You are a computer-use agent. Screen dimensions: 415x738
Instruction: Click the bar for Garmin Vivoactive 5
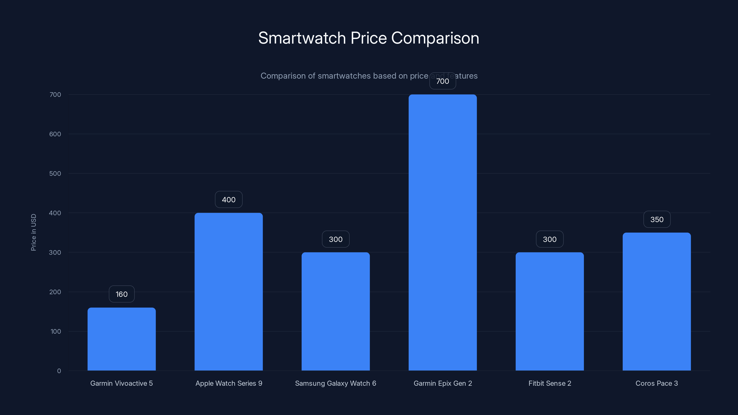click(x=122, y=339)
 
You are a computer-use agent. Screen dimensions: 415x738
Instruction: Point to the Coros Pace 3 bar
click(x=657, y=301)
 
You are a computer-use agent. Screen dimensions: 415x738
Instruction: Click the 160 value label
click(x=122, y=294)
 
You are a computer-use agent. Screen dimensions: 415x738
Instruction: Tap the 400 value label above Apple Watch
click(x=229, y=200)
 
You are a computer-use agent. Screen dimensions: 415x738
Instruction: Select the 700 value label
click(x=443, y=81)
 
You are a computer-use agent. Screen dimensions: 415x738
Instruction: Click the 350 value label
click(x=657, y=219)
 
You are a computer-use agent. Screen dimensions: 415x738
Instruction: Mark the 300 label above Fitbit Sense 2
click(x=550, y=239)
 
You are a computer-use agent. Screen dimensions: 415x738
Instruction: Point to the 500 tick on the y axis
click(x=55, y=174)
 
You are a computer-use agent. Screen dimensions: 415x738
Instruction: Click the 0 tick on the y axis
click(x=59, y=371)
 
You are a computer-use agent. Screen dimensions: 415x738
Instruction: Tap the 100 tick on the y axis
click(x=56, y=331)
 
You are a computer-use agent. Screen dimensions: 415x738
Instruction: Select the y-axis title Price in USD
click(x=33, y=232)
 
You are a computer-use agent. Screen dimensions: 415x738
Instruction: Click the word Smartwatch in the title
click(x=302, y=38)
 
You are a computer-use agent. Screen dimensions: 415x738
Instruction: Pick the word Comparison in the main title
click(x=435, y=38)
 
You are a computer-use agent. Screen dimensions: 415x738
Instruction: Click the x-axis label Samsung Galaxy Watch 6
click(x=336, y=383)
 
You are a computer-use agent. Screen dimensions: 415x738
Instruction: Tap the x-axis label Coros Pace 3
click(x=657, y=383)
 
